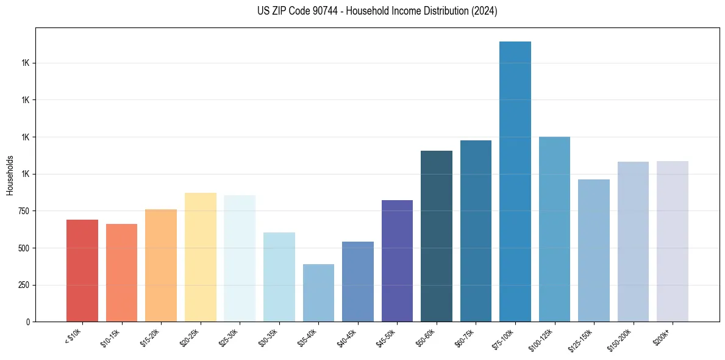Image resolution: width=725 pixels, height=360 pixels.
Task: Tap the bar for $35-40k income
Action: [x=318, y=293]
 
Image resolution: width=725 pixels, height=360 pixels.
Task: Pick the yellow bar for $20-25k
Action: [x=200, y=257]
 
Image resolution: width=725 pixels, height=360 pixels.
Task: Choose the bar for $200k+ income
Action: [x=672, y=241]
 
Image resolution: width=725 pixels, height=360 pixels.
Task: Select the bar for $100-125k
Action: [x=554, y=229]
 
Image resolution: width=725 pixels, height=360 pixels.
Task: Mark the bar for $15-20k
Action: [x=161, y=265]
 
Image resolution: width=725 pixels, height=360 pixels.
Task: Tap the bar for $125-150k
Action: [x=593, y=250]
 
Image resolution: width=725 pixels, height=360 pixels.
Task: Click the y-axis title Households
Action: [x=10, y=175]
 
